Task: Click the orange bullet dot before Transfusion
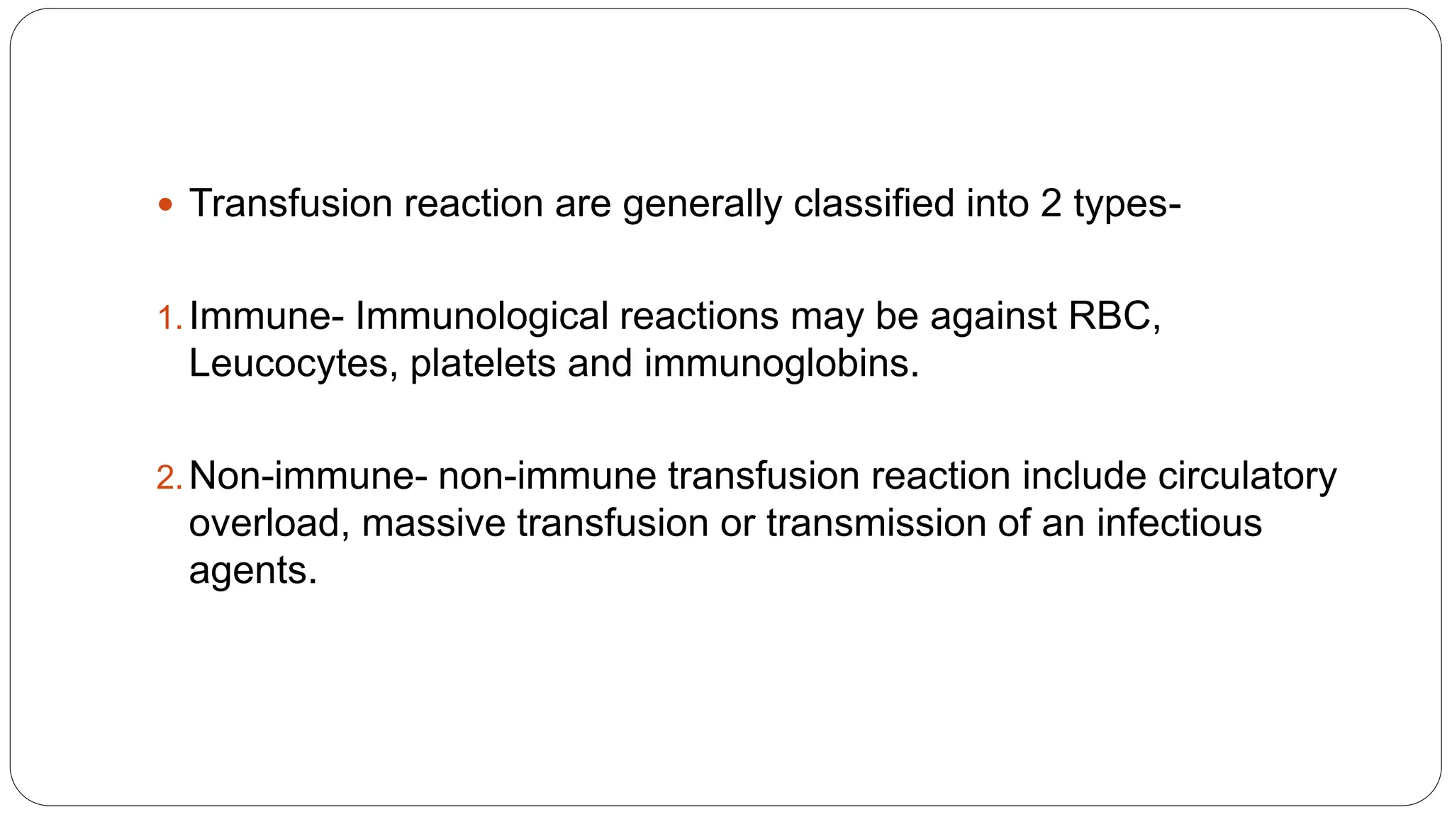tap(165, 206)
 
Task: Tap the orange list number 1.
tap(168, 318)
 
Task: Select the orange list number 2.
tap(169, 477)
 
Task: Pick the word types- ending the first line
tap(1127, 205)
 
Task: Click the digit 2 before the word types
tap(1051, 204)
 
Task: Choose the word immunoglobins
tap(781, 364)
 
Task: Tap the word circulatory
tap(1247, 477)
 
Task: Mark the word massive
tap(433, 523)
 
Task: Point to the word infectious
tap(1179, 523)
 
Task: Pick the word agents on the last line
tap(252, 572)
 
